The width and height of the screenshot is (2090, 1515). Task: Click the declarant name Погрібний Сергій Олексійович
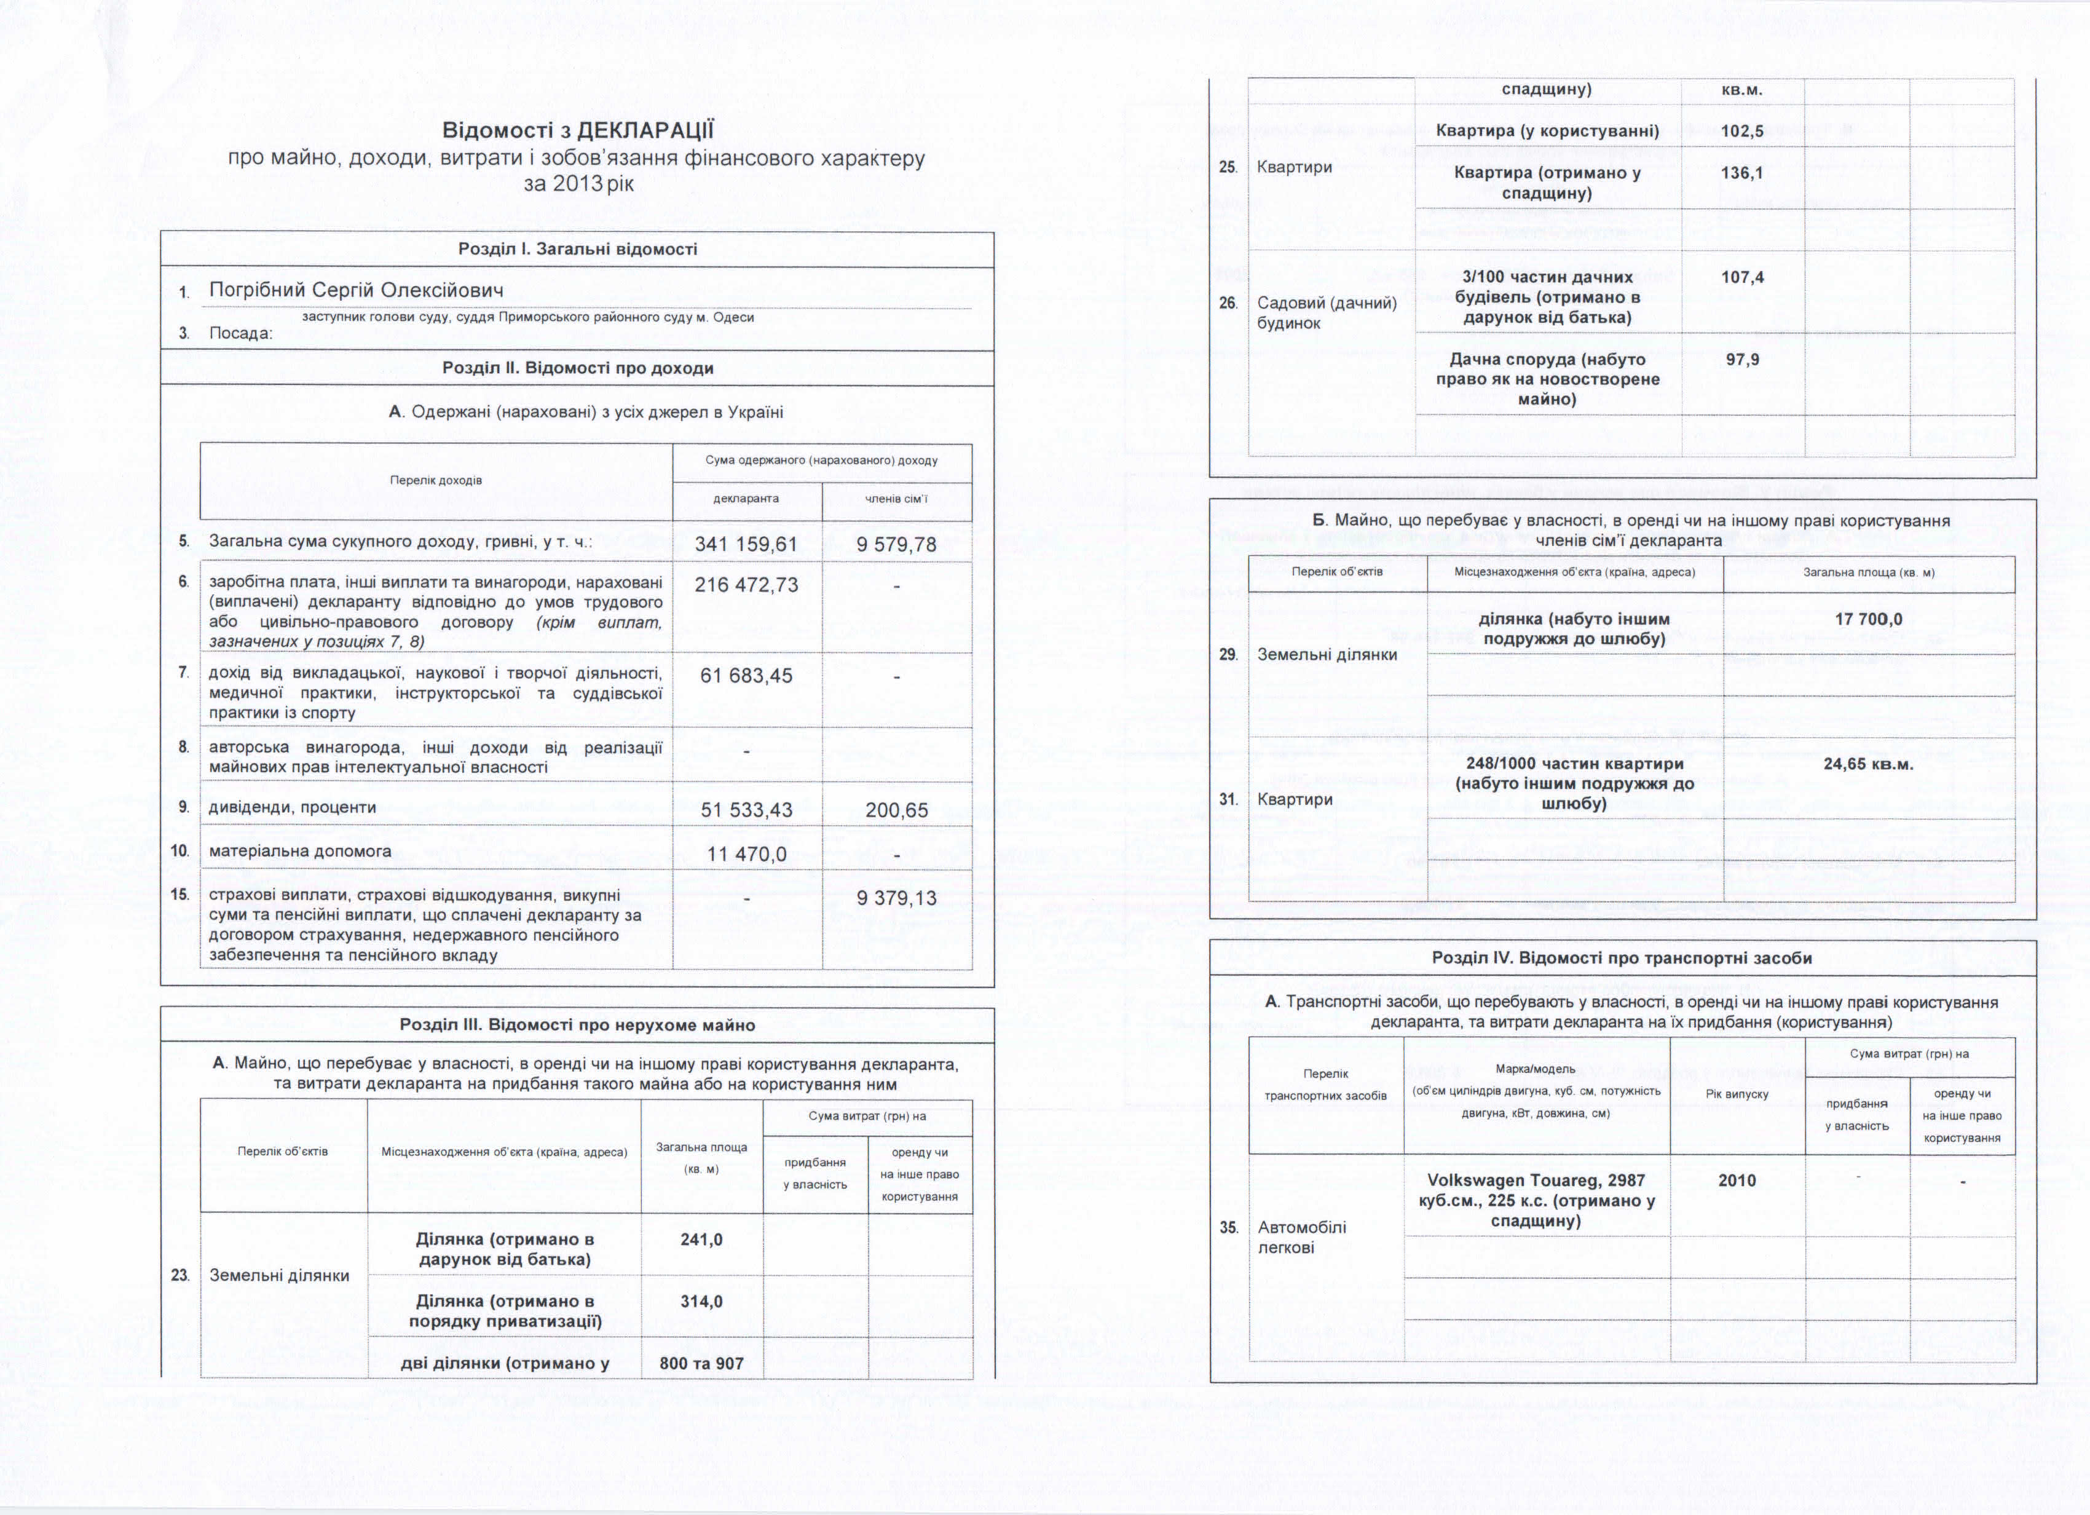point(356,290)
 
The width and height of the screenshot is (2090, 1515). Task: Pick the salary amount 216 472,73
point(746,585)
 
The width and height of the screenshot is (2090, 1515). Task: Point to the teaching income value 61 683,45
point(746,676)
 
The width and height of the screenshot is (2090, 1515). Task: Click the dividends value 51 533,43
point(746,810)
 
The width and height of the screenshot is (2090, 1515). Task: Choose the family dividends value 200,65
point(896,810)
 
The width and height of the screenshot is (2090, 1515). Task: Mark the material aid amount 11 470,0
point(746,854)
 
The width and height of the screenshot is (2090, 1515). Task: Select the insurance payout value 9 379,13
point(896,898)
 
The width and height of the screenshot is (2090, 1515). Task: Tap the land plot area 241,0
point(701,1240)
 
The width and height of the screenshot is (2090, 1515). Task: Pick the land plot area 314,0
point(701,1301)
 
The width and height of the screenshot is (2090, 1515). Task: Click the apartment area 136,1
point(1741,172)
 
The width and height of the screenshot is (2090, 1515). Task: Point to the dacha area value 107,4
point(1741,277)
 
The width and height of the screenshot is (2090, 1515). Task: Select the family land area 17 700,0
point(1868,619)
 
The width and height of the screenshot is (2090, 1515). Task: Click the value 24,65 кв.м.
point(1868,764)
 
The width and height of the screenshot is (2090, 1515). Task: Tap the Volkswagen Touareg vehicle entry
point(1536,1200)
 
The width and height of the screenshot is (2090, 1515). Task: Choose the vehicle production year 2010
point(1737,1181)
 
